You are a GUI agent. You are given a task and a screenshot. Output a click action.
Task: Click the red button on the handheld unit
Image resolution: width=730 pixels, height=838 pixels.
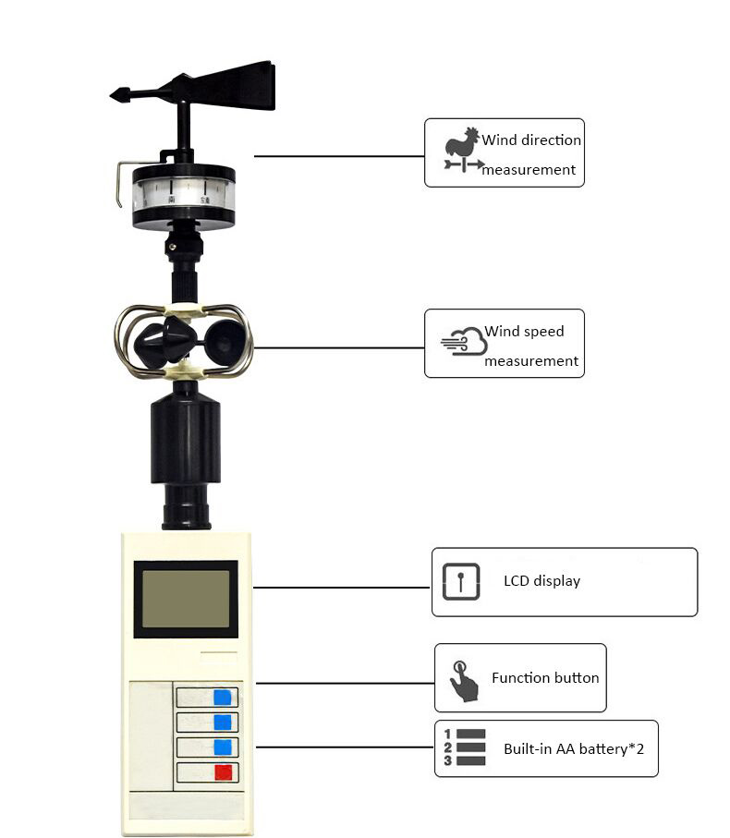tap(223, 771)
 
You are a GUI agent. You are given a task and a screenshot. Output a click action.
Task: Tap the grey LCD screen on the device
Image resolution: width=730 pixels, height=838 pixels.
tap(186, 598)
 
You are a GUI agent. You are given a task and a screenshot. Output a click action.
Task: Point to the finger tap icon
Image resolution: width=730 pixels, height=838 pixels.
tap(463, 682)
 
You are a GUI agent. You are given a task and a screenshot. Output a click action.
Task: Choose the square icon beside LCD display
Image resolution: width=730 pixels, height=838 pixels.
tap(460, 581)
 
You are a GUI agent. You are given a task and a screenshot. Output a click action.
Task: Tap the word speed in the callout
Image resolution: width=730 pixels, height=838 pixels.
tap(544, 332)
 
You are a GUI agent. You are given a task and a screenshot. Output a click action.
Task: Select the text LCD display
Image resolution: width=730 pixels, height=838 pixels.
tap(541, 581)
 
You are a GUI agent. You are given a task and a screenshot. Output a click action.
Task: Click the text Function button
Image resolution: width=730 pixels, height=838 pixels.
tap(545, 677)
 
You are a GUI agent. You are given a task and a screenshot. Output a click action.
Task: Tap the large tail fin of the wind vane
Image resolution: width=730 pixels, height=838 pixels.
tap(240, 87)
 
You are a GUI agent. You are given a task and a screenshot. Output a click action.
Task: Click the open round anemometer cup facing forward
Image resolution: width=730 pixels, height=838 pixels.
tap(225, 344)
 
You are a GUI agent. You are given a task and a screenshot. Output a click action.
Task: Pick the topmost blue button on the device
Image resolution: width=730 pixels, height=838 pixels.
tap(223, 697)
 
